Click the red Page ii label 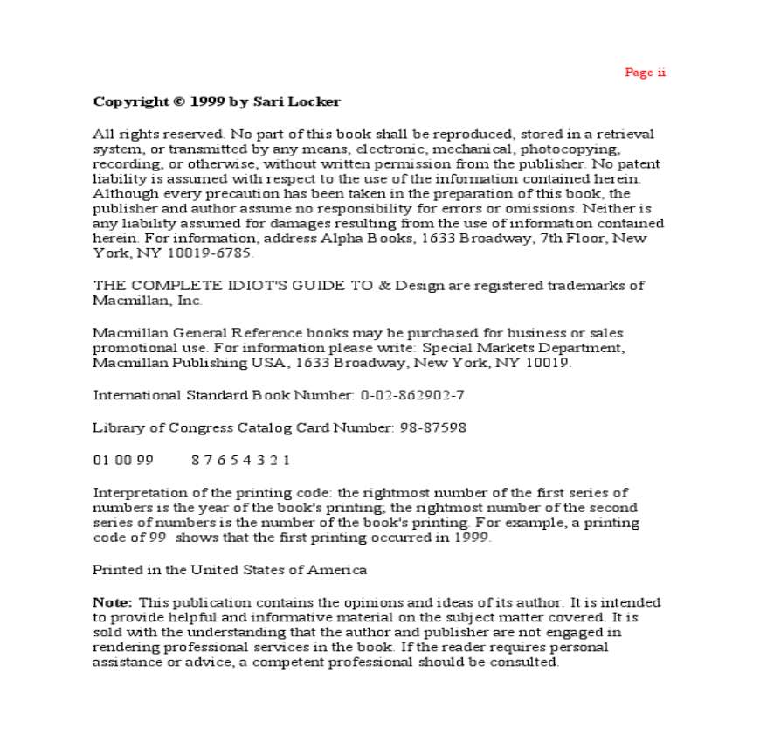[x=645, y=73]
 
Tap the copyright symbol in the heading [x=178, y=101]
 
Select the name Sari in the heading [x=266, y=101]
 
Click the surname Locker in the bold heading [x=314, y=101]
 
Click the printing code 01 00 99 [x=123, y=460]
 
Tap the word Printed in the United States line [x=116, y=570]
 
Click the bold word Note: [x=113, y=602]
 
